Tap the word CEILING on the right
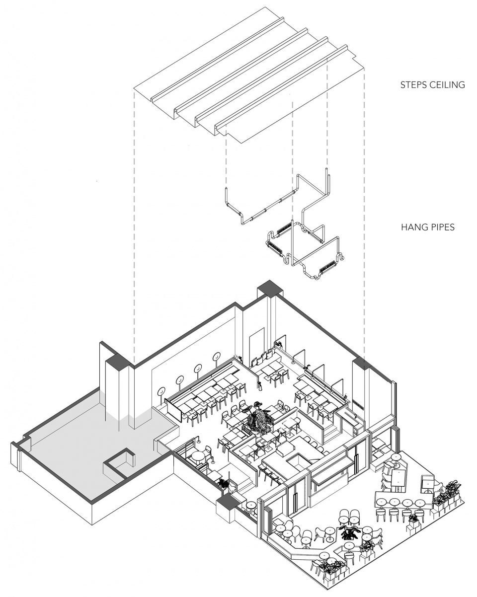coord(447,84)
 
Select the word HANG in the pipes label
coord(412,227)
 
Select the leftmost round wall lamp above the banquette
coord(161,392)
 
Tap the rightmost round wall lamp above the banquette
coord(217,357)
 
